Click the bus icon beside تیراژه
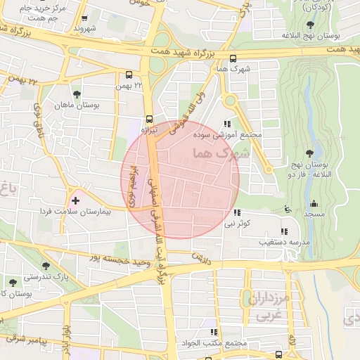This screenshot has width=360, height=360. tap(149, 119)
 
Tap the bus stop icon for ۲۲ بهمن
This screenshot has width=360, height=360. tap(129, 75)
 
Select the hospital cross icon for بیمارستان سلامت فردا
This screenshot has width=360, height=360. tap(76, 201)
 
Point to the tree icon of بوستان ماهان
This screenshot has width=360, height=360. tap(76, 94)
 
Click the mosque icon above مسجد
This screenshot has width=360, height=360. tap(286, 208)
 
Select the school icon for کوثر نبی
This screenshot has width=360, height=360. tap(236, 212)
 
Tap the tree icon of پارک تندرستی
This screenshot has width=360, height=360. tap(46, 266)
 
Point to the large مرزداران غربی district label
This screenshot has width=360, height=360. tap(269, 307)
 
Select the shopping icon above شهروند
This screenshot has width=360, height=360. tap(85, 19)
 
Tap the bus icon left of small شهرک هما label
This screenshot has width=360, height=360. tap(233, 59)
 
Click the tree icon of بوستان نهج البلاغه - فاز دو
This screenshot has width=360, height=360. tap(310, 153)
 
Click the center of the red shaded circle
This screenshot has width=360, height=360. tap(180, 179)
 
